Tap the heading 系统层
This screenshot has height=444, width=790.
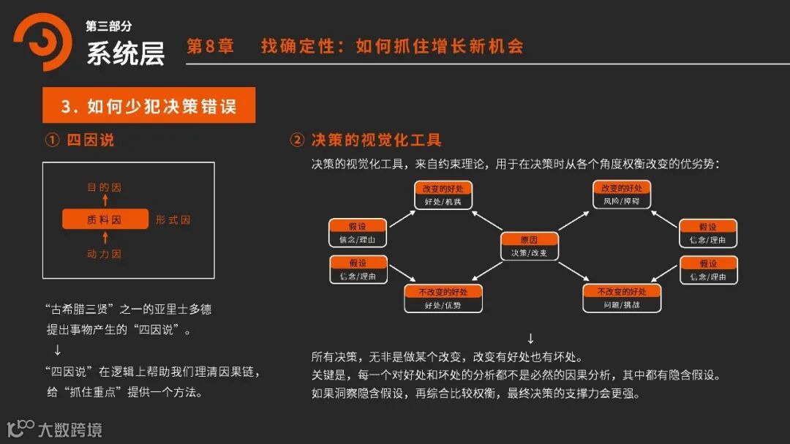pos(125,53)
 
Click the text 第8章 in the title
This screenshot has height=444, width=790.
pos(210,47)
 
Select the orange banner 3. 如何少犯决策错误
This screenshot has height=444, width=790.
pos(148,105)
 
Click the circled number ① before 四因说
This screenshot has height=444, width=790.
pos(52,140)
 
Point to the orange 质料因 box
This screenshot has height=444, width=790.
pos(105,219)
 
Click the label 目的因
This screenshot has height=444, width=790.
pos(105,187)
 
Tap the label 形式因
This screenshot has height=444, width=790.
pos(173,219)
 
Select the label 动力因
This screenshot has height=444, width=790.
pos(105,254)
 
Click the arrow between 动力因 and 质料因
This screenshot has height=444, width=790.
pos(105,237)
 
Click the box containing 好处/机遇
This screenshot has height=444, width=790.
pos(443,195)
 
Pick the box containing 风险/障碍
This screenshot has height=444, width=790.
pos(622,195)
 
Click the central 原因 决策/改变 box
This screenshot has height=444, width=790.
pos(529,247)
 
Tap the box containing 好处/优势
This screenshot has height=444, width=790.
pos(443,298)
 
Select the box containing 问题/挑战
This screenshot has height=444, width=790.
pos(622,298)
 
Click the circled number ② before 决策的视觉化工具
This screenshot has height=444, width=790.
pos(297,140)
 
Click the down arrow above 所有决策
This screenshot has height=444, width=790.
pos(530,339)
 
